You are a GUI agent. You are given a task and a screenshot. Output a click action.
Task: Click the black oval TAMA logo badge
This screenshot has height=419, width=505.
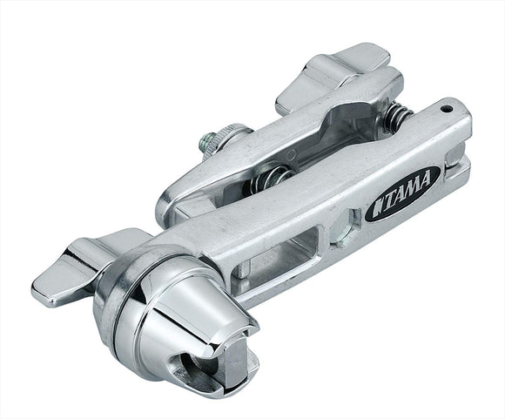[402, 193]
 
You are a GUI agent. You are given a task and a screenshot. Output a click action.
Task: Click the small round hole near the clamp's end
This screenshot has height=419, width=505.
[446, 110]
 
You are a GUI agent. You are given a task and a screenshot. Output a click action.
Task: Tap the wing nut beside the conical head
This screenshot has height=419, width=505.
[84, 267]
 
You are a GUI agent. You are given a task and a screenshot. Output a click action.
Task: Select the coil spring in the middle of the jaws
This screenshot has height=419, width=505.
[271, 179]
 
